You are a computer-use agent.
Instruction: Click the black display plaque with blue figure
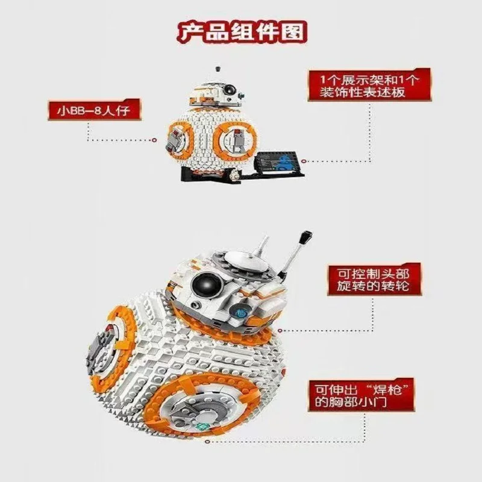[x=281, y=161]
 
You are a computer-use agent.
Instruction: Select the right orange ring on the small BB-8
[x=236, y=142]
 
